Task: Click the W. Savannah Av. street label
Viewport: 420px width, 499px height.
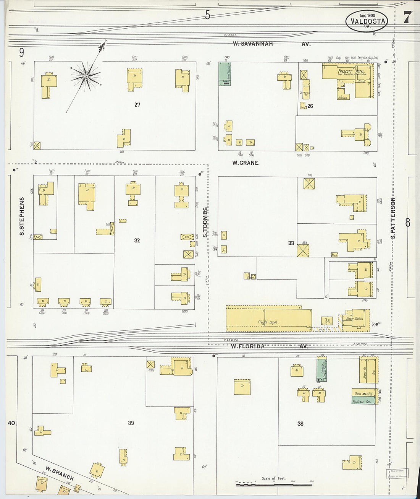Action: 272,44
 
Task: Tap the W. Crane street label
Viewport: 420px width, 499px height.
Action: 246,163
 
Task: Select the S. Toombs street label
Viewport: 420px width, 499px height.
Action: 205,222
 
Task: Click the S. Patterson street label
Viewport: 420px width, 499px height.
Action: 393,218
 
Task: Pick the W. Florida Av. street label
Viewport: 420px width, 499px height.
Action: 269,346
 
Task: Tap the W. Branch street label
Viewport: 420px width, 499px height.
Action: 60,473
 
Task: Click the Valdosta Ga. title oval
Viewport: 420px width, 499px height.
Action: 367,21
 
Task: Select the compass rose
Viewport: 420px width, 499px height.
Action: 86,76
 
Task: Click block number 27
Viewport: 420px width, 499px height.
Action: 137,104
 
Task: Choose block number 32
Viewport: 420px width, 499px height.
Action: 137,241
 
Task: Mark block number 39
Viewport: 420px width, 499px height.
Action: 131,423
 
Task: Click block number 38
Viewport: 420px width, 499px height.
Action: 300,423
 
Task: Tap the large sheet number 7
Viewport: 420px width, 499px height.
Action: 407,17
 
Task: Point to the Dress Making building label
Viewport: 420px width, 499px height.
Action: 363,393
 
